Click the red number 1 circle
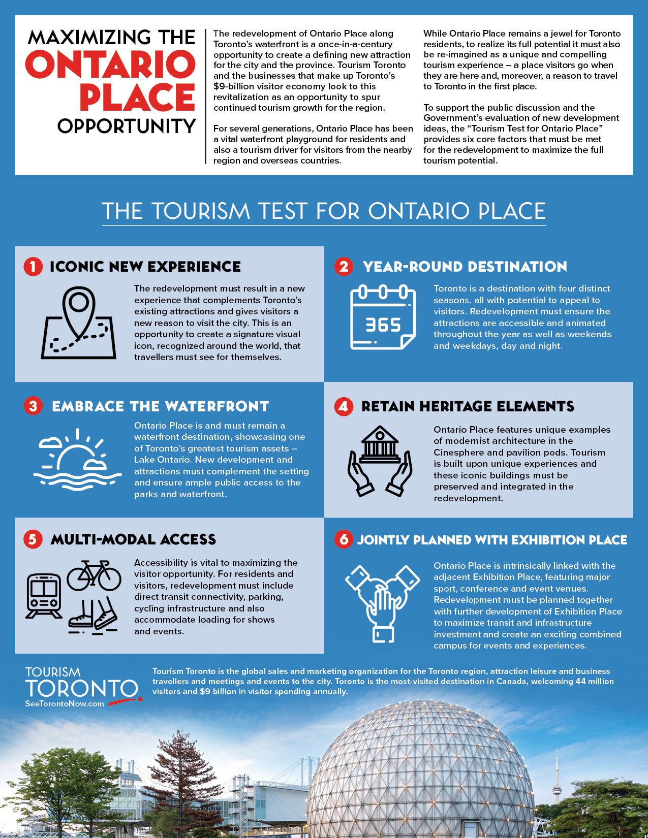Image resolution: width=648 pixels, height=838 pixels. pos(33,267)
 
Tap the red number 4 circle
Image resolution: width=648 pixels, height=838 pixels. pos(344,406)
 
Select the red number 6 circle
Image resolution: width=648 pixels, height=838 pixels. pos(344,539)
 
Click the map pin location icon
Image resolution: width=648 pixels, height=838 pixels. pos(78,323)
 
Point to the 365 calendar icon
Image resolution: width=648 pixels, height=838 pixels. pos(383,317)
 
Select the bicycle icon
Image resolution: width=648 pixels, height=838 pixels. pos(94,575)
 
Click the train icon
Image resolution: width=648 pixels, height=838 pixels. pos(44,596)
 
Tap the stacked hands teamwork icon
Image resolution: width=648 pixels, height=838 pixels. pos(382,602)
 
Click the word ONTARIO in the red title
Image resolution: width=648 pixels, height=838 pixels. pos(110,65)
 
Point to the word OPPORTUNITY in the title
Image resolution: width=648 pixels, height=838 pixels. pos(127,126)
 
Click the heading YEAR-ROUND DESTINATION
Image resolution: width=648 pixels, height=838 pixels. pos(465,267)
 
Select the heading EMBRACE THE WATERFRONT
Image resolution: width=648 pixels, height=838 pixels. pos(160,406)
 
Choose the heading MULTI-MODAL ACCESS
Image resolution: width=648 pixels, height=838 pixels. pos(133,539)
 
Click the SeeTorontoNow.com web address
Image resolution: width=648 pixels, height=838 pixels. pos(65,704)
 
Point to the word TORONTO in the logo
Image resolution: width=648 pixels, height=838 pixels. pos(81,689)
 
